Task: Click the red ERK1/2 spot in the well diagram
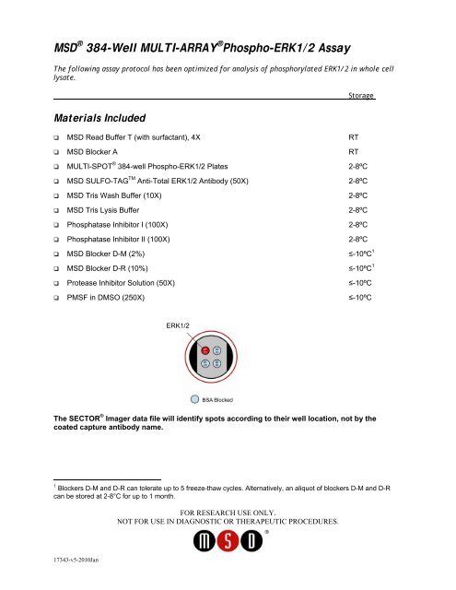tap(205, 349)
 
